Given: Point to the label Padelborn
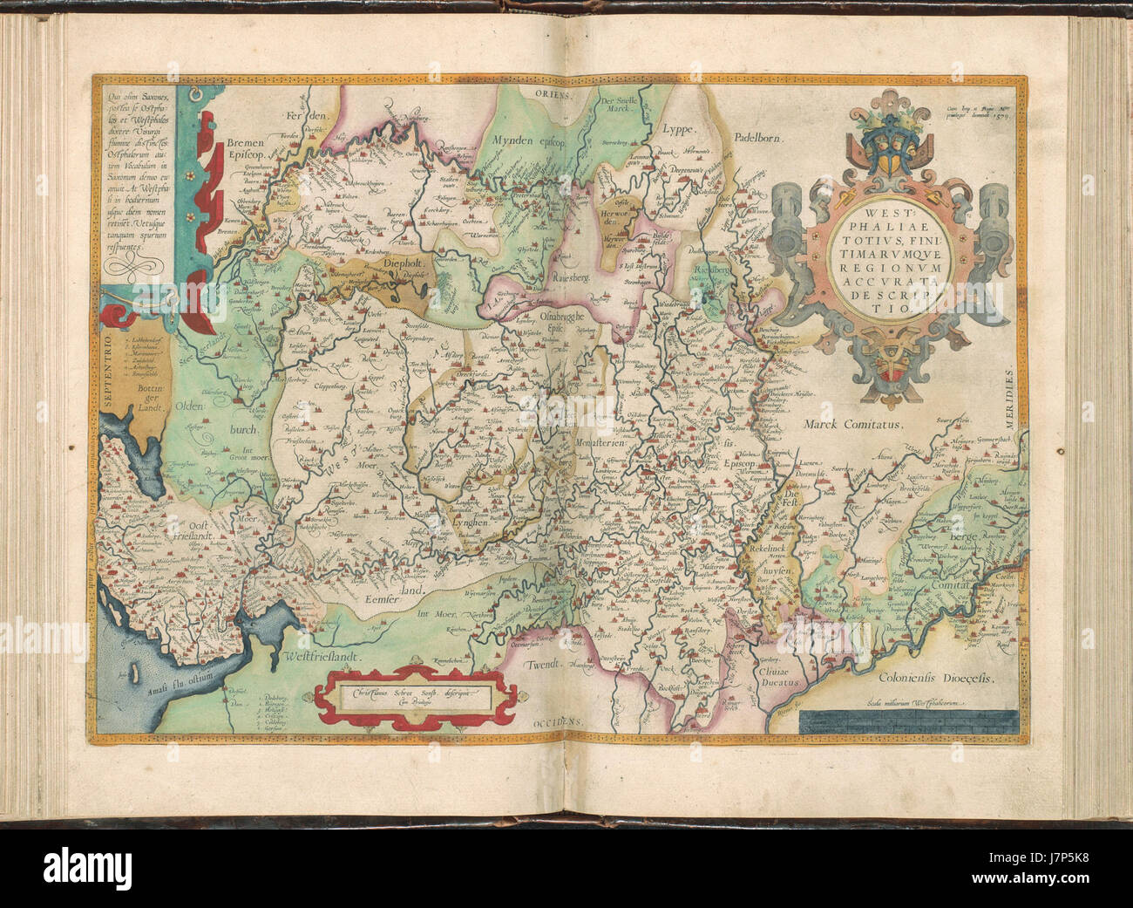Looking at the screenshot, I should [759, 138].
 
